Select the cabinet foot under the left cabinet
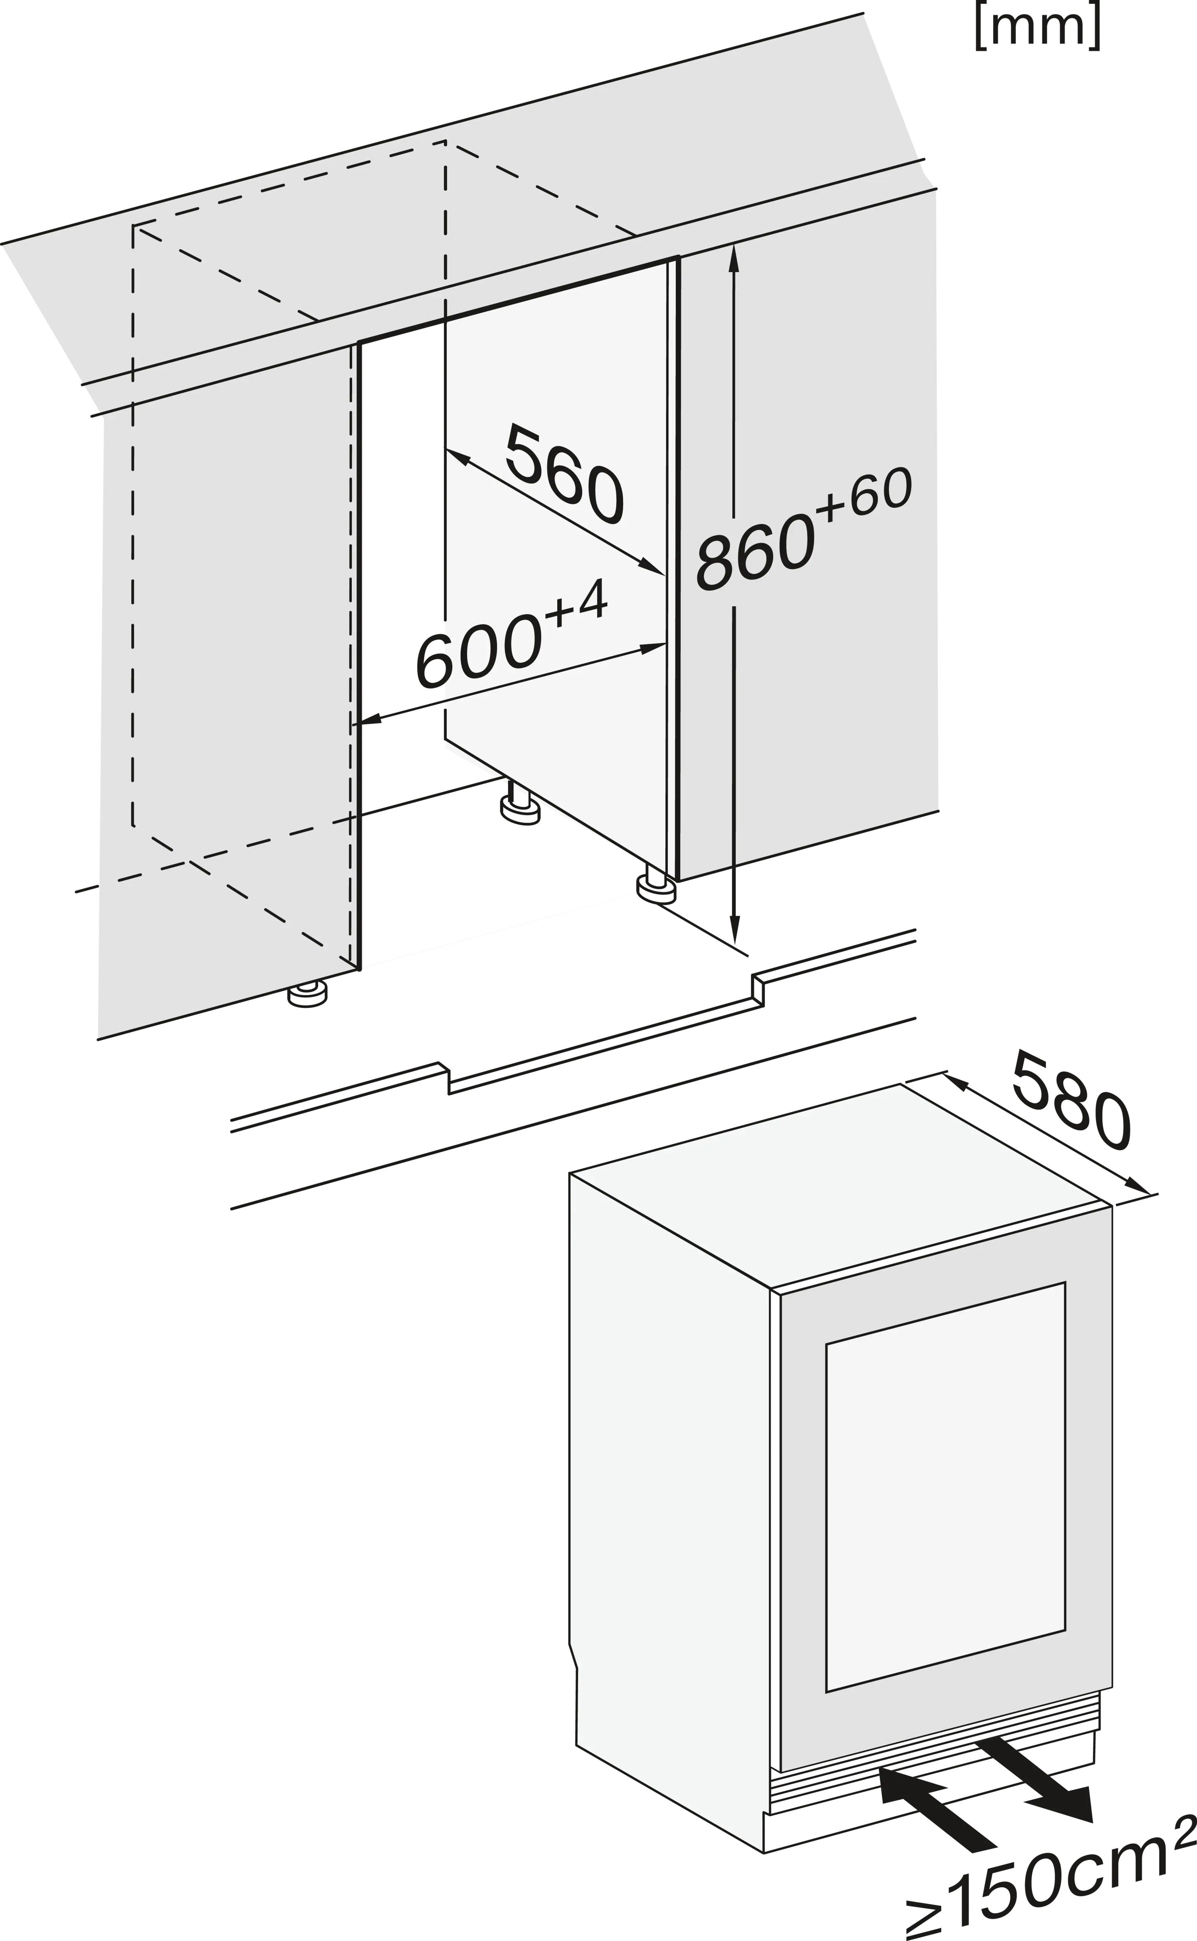tap(307, 995)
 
